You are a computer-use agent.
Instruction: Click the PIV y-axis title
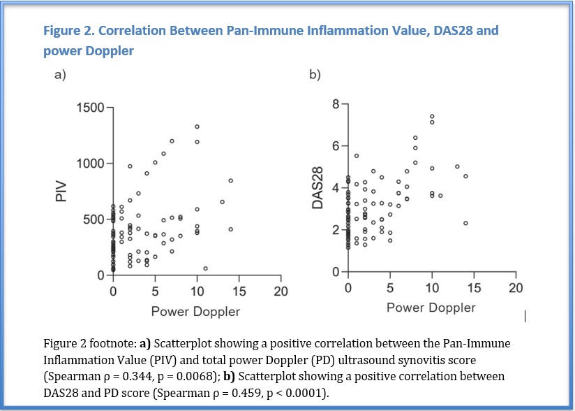pyautogui.click(x=61, y=192)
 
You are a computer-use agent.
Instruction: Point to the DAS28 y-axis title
pyautogui.click(x=318, y=188)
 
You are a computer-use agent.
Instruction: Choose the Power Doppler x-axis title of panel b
pyautogui.click(x=431, y=308)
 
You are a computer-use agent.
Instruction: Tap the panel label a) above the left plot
pyautogui.click(x=60, y=75)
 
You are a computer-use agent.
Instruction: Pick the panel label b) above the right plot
pyautogui.click(x=315, y=75)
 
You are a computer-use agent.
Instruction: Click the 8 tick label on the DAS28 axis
pyautogui.click(x=335, y=105)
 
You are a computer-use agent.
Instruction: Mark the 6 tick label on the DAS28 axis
pyautogui.click(x=335, y=146)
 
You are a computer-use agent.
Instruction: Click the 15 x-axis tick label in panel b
pyautogui.click(x=474, y=288)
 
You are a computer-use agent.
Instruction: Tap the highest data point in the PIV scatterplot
pyautogui.click(x=197, y=127)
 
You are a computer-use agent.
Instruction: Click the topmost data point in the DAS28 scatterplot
pyautogui.click(x=432, y=117)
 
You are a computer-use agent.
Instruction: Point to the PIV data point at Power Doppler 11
pyautogui.click(x=205, y=268)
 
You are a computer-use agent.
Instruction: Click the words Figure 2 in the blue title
pyautogui.click(x=69, y=31)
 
